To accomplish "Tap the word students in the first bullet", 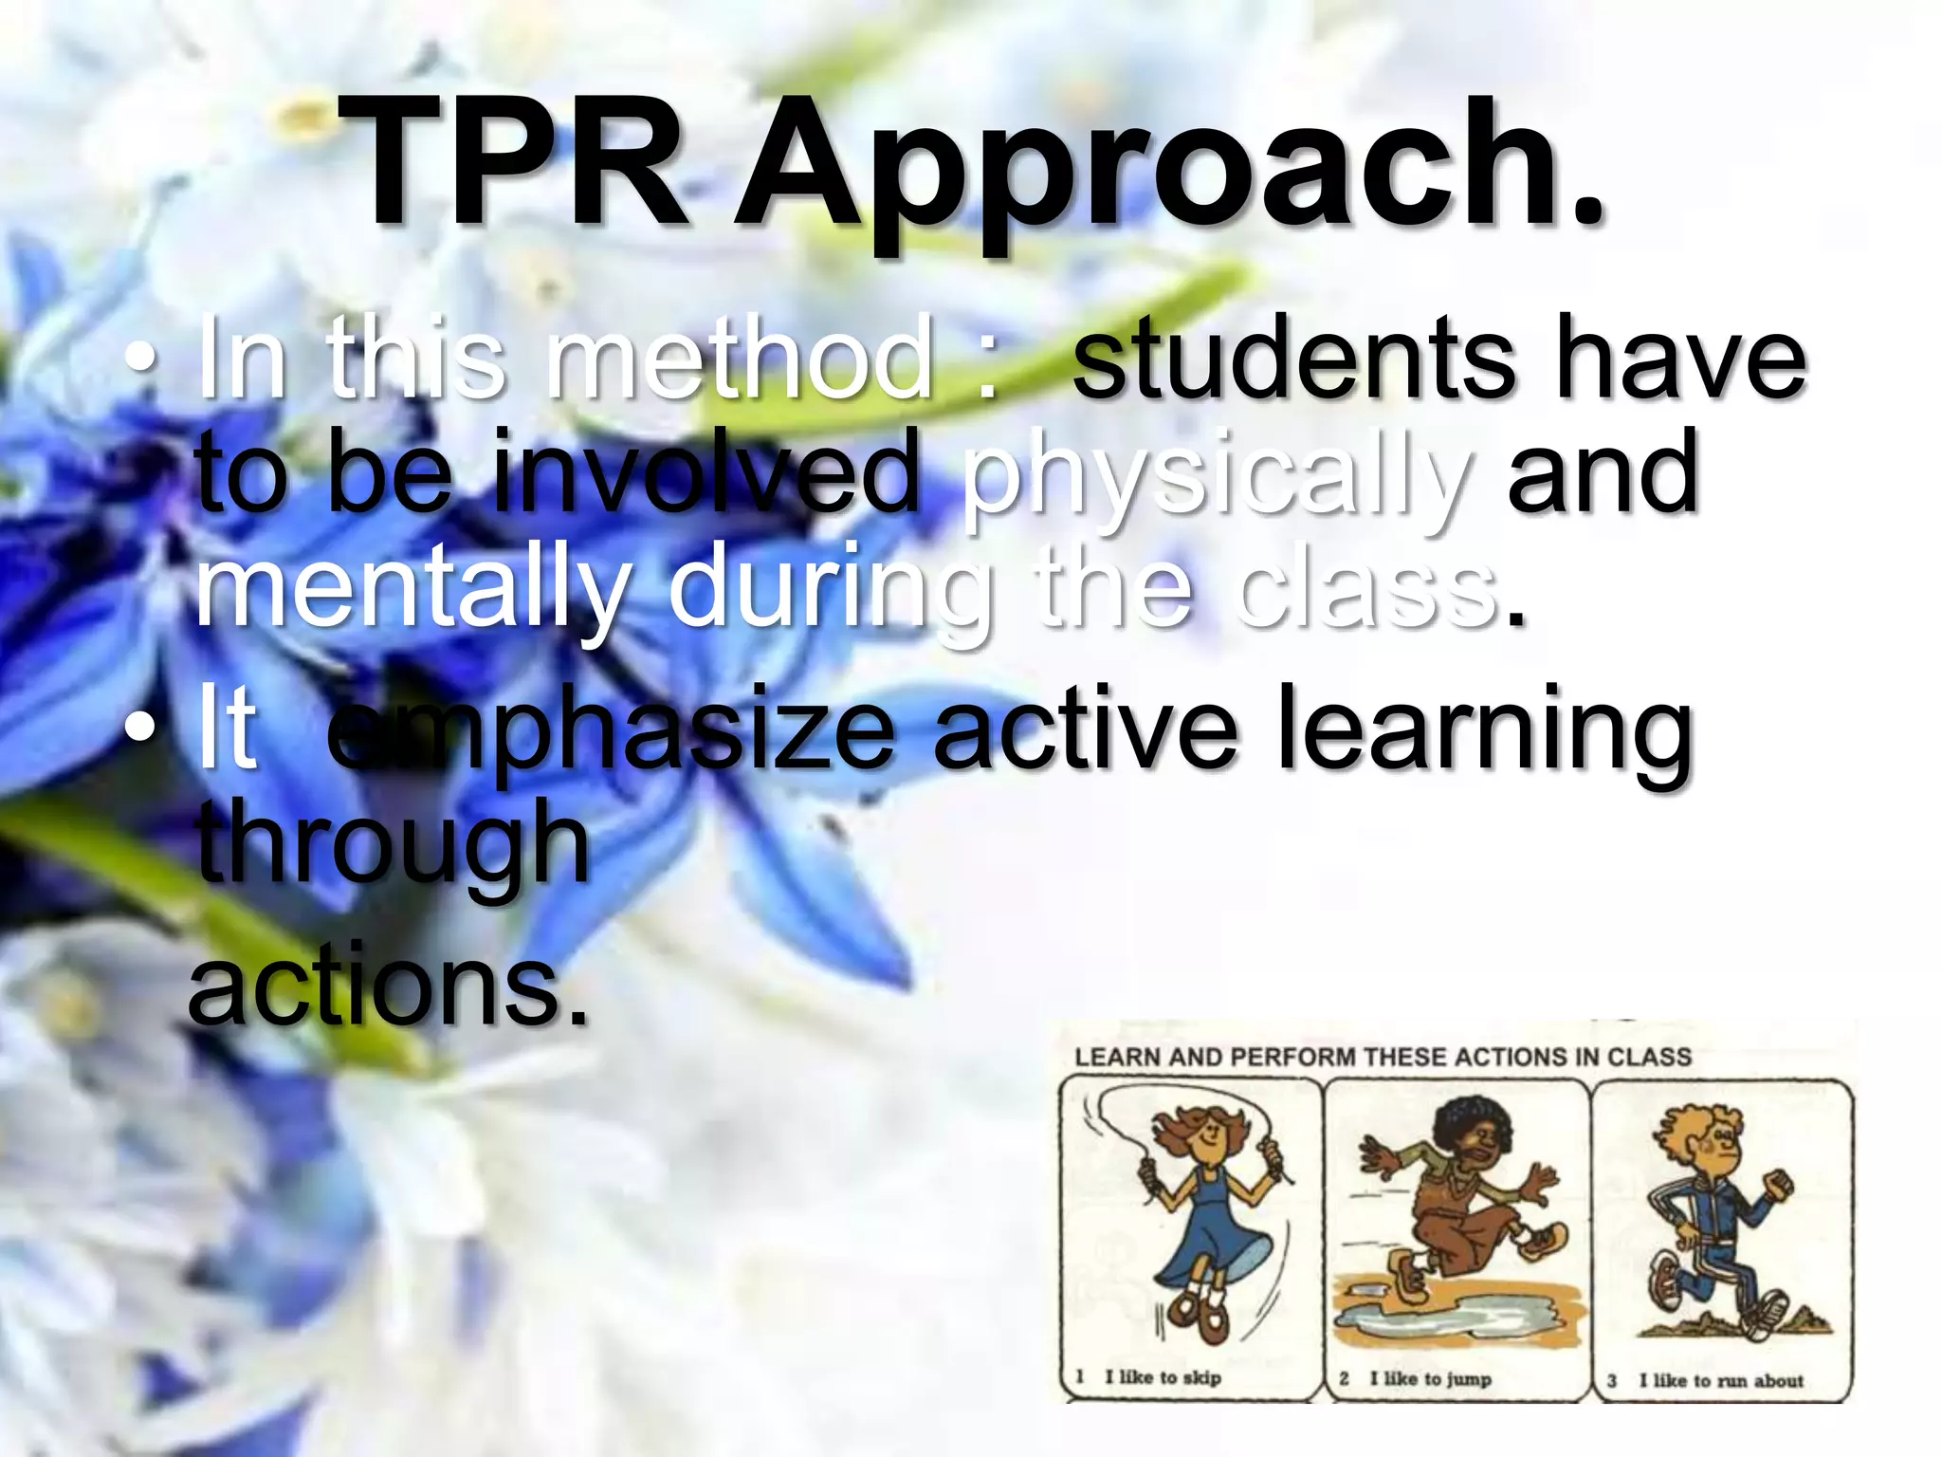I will coord(1294,360).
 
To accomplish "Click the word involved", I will coord(707,474).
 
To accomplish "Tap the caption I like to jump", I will coord(1429,1378).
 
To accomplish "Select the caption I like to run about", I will coord(1720,1381).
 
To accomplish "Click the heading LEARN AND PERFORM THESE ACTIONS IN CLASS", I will coord(1383,1057).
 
